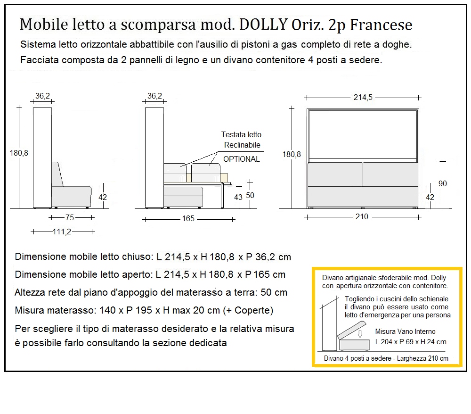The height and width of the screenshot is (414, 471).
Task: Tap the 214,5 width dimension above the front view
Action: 363,98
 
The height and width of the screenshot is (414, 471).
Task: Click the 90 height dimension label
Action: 443,183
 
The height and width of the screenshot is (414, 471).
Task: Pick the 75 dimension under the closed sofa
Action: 70,217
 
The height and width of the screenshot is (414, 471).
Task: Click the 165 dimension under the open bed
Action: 188,219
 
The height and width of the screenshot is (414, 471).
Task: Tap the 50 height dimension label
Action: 250,195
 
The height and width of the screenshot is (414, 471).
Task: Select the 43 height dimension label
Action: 238,197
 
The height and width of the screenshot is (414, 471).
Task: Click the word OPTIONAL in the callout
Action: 241,159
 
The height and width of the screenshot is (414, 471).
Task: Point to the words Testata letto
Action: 241,135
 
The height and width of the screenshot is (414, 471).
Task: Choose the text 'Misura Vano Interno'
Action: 405,331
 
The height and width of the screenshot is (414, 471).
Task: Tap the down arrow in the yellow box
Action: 360,334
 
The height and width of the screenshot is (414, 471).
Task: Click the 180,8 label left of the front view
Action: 292,154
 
